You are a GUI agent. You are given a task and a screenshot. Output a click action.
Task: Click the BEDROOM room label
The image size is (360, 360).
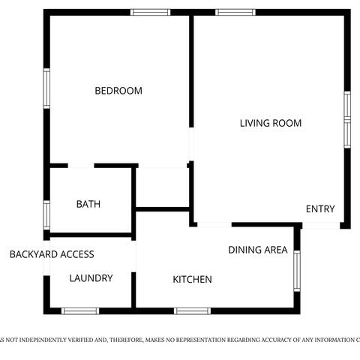pyautogui.click(x=118, y=91)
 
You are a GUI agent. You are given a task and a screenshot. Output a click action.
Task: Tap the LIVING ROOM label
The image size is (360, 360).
pyautogui.click(x=270, y=123)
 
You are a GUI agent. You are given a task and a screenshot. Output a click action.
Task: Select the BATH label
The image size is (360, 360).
pyautogui.click(x=88, y=204)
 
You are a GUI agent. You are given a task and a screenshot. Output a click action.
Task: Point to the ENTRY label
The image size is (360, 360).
pyautogui.click(x=320, y=209)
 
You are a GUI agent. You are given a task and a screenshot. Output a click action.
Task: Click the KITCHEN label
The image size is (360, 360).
pyautogui.click(x=192, y=280)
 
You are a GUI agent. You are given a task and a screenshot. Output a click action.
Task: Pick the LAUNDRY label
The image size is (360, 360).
pyautogui.click(x=91, y=278)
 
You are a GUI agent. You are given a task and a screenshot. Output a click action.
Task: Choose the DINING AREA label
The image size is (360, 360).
pyautogui.click(x=257, y=250)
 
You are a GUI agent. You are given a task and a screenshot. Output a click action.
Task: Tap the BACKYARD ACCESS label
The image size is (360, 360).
pyautogui.click(x=52, y=255)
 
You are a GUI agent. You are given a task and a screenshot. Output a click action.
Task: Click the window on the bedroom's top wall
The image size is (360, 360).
pyautogui.click(x=150, y=12)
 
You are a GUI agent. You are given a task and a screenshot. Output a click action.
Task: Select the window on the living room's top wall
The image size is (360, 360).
pyautogui.click(x=235, y=12)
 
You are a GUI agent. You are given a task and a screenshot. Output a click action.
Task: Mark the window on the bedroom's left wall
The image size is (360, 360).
pyautogui.click(x=46, y=88)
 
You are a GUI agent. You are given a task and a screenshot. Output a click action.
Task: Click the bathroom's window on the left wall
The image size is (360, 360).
pyautogui.click(x=46, y=214)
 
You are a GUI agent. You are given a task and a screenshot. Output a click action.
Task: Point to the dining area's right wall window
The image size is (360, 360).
pyautogui.click(x=297, y=270)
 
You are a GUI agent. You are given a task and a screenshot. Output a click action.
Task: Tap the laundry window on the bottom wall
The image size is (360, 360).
pyautogui.click(x=80, y=310)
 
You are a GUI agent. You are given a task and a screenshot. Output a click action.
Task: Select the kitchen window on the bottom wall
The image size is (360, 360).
pyautogui.click(x=192, y=310)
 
